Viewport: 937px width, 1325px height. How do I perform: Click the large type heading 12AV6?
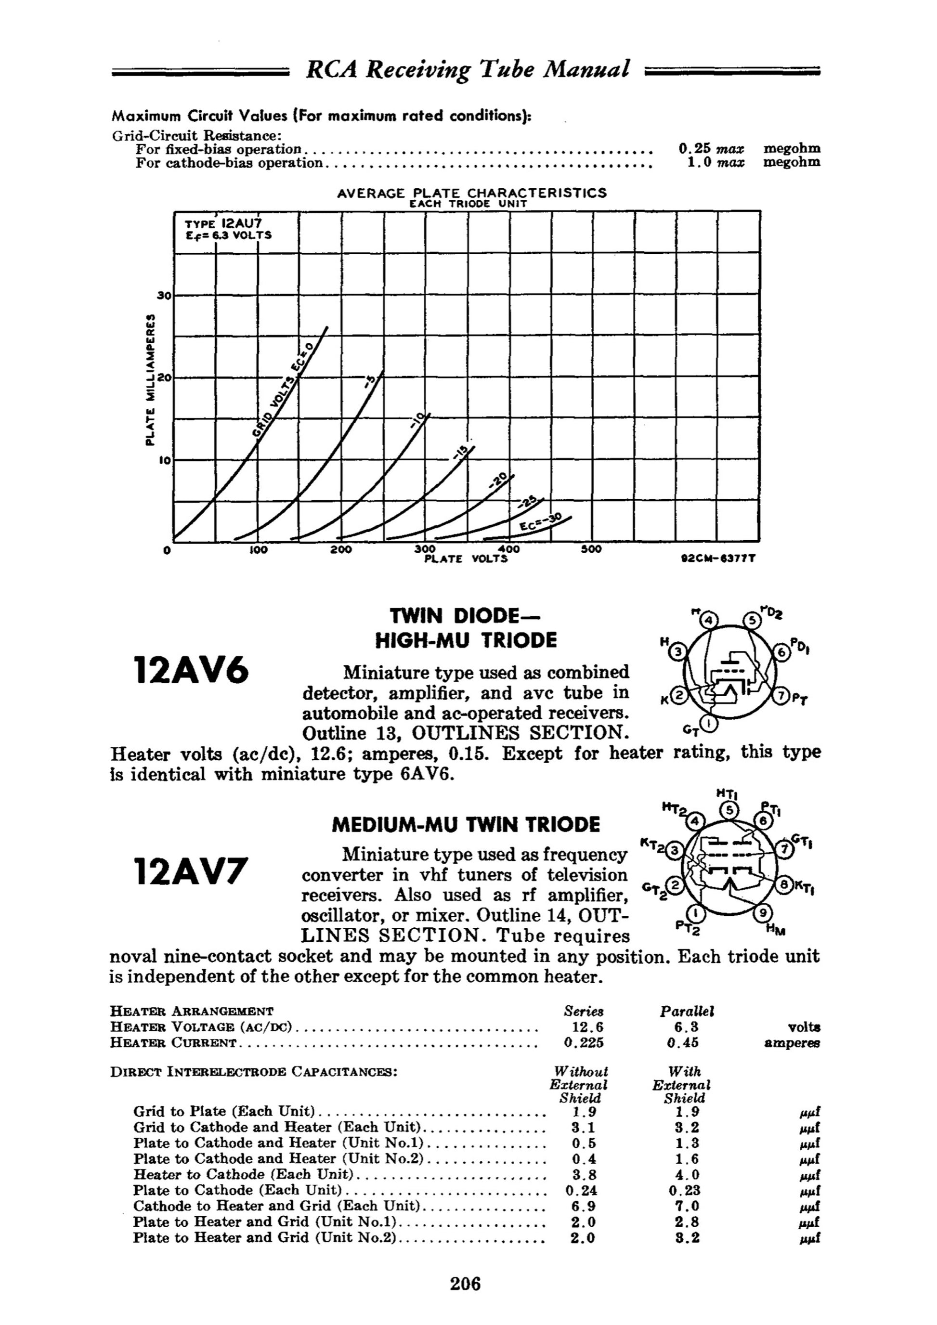point(191,671)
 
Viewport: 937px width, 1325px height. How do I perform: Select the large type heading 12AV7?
point(191,871)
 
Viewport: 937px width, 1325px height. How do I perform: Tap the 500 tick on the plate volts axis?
point(591,549)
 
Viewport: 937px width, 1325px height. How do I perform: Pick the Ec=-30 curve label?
point(539,523)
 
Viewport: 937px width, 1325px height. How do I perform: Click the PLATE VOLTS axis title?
point(466,559)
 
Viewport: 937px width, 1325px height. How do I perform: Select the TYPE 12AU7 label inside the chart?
point(223,223)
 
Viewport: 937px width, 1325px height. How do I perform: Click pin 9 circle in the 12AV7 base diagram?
point(762,912)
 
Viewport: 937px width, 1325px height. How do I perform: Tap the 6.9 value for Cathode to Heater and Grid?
point(583,1206)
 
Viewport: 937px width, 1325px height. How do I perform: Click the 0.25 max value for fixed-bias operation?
point(711,148)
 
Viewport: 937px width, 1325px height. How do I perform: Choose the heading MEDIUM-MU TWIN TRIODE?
point(466,825)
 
